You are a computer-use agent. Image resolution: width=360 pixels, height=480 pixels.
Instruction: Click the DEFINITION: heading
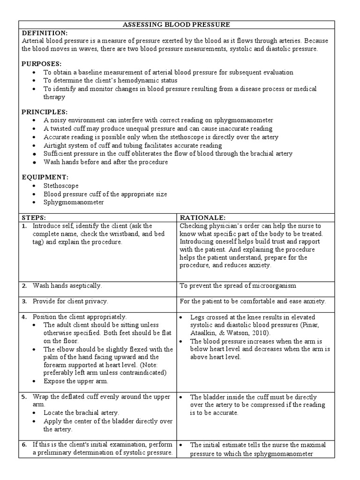coord(45,33)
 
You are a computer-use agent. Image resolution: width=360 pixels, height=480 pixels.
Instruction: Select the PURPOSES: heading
coord(42,64)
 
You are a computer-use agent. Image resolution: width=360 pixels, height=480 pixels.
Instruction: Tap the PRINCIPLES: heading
coord(45,112)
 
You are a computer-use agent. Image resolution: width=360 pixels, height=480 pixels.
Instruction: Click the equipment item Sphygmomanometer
coord(74,202)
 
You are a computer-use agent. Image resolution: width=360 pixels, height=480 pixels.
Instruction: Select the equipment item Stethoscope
coord(61,186)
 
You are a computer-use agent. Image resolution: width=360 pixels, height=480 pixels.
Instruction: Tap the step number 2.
coord(24,285)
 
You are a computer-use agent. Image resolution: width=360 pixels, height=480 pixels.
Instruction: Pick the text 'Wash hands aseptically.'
coord(67,285)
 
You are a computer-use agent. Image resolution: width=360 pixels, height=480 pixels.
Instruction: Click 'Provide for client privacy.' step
coord(70,301)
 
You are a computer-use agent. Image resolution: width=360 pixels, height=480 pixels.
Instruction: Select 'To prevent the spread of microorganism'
coord(238,285)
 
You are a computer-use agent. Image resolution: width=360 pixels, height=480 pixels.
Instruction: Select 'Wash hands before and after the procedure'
coord(105,162)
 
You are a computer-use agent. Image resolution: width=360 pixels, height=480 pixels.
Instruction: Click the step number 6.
coord(24,444)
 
